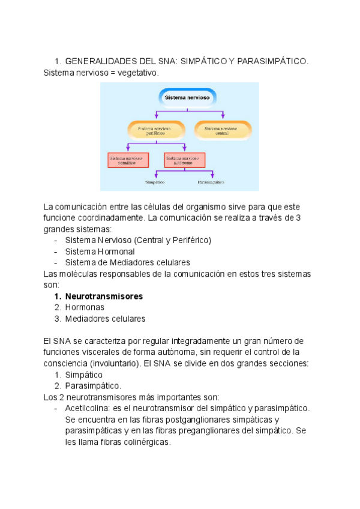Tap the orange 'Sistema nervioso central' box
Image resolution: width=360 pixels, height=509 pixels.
tap(224, 129)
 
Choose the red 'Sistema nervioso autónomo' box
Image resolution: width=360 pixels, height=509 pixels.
tap(184, 159)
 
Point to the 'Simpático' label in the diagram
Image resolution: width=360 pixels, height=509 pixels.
tap(155, 181)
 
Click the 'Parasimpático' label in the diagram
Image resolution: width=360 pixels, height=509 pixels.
tap(211, 181)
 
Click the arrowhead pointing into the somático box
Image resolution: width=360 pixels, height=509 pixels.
tap(127, 149)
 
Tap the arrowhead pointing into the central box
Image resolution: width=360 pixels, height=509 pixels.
tap(224, 119)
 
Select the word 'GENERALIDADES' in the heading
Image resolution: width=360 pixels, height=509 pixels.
tap(101, 61)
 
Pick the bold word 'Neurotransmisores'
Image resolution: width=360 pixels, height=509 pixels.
tap(104, 297)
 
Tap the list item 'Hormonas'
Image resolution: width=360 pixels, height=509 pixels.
tap(85, 307)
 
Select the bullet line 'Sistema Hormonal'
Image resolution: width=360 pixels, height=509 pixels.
tap(100, 251)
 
